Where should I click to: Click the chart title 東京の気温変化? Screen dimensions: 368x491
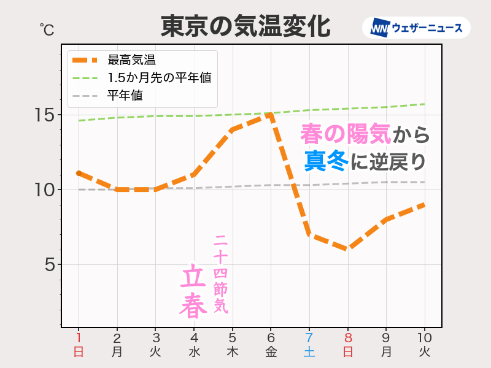click(x=245, y=26)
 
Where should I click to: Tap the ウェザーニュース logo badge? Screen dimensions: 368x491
click(x=417, y=28)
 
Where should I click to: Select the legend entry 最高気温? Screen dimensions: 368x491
click(x=131, y=60)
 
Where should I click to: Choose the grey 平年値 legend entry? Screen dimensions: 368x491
click(x=125, y=96)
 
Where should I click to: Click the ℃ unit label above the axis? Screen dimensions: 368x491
click(x=47, y=29)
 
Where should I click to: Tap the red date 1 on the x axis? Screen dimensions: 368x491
click(x=79, y=338)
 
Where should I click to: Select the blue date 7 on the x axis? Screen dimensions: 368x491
click(x=309, y=338)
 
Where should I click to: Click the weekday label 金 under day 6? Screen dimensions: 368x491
click(x=271, y=352)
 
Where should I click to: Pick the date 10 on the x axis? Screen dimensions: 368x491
click(x=425, y=338)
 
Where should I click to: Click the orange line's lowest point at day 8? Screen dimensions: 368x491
click(x=347, y=249)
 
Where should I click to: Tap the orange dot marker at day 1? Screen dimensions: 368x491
click(x=79, y=174)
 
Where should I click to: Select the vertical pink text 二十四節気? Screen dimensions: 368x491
click(x=221, y=274)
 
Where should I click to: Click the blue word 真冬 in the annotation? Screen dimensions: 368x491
click(x=326, y=161)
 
